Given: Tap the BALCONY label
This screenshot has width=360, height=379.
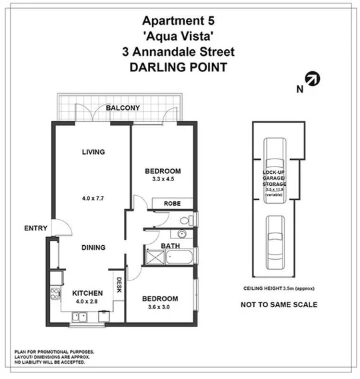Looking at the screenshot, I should [122, 108].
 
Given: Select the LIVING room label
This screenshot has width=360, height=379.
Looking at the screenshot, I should [93, 152].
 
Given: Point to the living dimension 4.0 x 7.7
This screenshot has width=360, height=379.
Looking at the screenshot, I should [93, 198].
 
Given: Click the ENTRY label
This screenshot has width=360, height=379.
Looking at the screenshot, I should [35, 228].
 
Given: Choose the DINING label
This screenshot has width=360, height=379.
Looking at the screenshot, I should [93, 248].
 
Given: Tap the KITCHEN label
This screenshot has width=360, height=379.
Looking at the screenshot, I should [87, 293].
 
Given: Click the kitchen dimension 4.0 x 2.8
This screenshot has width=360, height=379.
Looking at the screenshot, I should [87, 302].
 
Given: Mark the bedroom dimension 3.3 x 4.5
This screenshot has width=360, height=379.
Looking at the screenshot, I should [163, 180].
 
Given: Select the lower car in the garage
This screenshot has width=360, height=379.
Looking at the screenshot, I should [273, 239].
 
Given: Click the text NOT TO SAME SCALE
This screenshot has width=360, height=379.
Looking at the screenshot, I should [279, 305].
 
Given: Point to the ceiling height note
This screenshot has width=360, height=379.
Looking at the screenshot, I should [279, 288].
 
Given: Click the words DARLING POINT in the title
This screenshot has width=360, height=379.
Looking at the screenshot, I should [178, 67].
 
